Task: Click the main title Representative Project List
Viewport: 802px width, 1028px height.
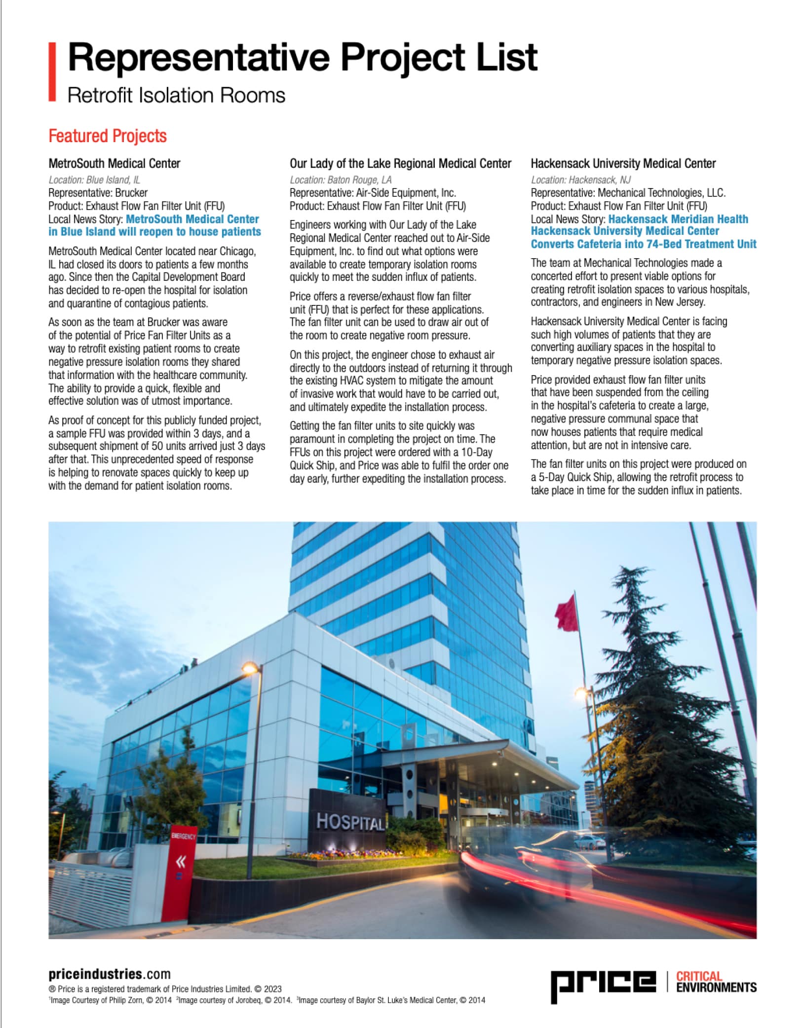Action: tap(302, 58)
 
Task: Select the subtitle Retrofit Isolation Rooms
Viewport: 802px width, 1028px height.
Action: tap(176, 95)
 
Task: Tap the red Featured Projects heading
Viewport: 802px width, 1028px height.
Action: tap(108, 136)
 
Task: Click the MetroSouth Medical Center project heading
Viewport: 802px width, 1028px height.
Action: tap(115, 163)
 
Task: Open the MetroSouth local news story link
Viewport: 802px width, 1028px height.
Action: tap(154, 226)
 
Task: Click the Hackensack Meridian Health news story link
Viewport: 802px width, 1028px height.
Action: tap(643, 231)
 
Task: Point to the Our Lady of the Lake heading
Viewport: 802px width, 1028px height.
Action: tap(400, 163)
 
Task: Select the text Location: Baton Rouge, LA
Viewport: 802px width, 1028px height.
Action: tap(341, 180)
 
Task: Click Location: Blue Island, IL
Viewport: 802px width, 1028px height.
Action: tap(94, 180)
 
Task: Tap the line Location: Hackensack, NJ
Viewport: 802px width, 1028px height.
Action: tap(581, 180)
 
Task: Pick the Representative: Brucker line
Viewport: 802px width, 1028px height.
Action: tap(98, 192)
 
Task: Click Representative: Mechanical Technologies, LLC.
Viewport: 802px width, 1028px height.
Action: tap(628, 192)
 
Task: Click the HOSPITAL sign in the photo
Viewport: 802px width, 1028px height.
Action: tap(349, 822)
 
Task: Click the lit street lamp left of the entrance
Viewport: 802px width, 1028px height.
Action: tap(250, 669)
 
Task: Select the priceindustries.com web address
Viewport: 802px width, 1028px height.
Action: tap(110, 974)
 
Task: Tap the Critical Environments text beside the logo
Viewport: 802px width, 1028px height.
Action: tap(716, 982)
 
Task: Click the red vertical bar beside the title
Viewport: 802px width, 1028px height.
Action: tap(52, 72)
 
